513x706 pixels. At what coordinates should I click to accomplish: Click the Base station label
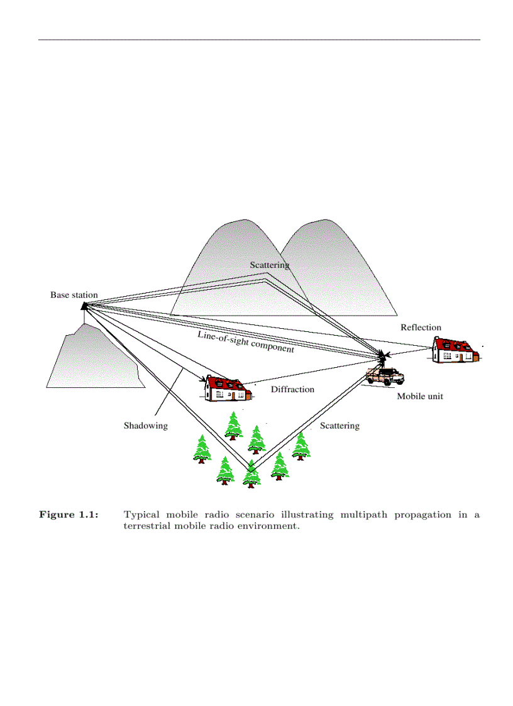(x=74, y=295)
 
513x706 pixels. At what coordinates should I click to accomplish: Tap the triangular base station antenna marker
(x=84, y=306)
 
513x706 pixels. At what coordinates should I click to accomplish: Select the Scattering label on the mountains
(x=269, y=265)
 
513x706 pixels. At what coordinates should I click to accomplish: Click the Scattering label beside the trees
(x=339, y=426)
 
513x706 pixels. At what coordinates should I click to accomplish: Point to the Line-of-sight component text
(x=246, y=341)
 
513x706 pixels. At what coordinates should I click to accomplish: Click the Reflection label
(x=421, y=328)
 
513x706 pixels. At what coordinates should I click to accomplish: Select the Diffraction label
(x=292, y=389)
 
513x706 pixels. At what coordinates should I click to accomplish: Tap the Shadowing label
(x=145, y=426)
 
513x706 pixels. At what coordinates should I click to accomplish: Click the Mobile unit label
(x=419, y=397)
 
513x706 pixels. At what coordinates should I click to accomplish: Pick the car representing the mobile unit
(x=385, y=376)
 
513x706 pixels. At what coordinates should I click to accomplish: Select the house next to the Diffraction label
(x=228, y=389)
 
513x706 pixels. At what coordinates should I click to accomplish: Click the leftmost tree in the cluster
(x=202, y=449)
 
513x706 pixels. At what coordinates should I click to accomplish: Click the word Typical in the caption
(x=144, y=515)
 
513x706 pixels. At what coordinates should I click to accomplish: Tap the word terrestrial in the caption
(x=149, y=526)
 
